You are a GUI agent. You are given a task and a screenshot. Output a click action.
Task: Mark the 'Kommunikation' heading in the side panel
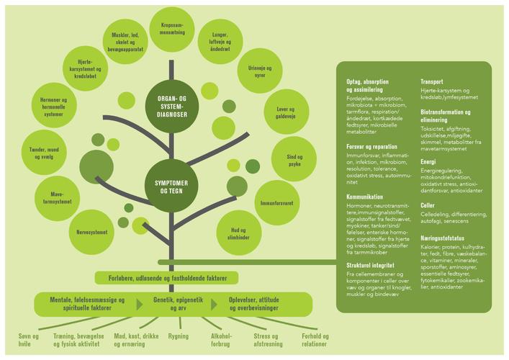coord(364,197)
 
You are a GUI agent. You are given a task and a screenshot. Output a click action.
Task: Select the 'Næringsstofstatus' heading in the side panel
coord(448,237)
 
